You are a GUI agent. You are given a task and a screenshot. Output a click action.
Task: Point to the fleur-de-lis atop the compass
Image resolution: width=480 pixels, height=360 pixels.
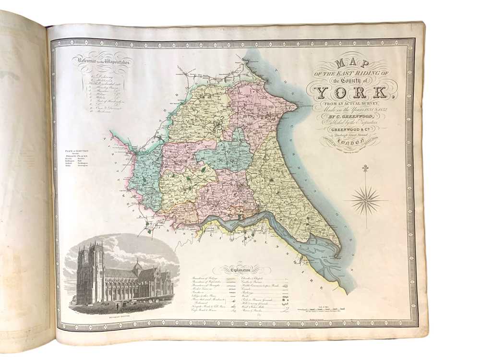[x=365, y=168]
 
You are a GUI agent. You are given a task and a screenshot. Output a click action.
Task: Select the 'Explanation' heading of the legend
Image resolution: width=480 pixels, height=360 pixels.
[x=246, y=271]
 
